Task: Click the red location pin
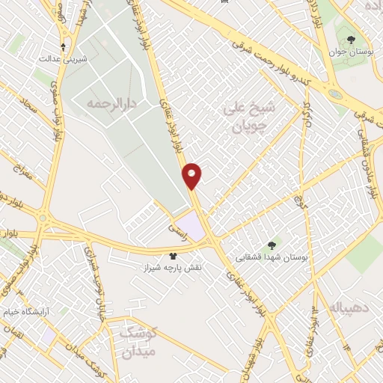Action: pyautogui.click(x=192, y=175)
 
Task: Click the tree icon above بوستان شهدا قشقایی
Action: pyautogui.click(x=271, y=245)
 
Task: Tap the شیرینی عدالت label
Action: pyautogui.click(x=63, y=58)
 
